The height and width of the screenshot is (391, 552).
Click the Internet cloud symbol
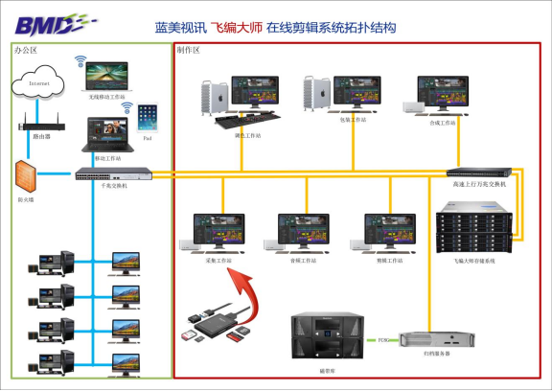[x=39, y=85]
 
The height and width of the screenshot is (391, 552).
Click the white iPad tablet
[x=147, y=119]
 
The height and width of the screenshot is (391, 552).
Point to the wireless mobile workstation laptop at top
[x=104, y=75]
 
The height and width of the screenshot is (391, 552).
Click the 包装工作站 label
[x=353, y=120]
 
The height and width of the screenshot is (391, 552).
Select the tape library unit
[x=325, y=336]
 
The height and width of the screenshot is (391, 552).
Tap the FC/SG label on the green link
[x=383, y=340]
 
